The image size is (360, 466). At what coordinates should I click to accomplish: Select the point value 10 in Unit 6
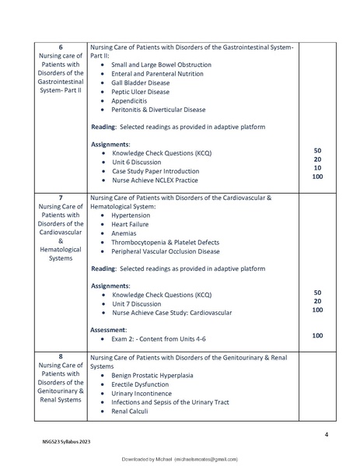(x=317, y=168)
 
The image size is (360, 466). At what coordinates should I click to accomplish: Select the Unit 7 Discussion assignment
(x=142, y=303)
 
